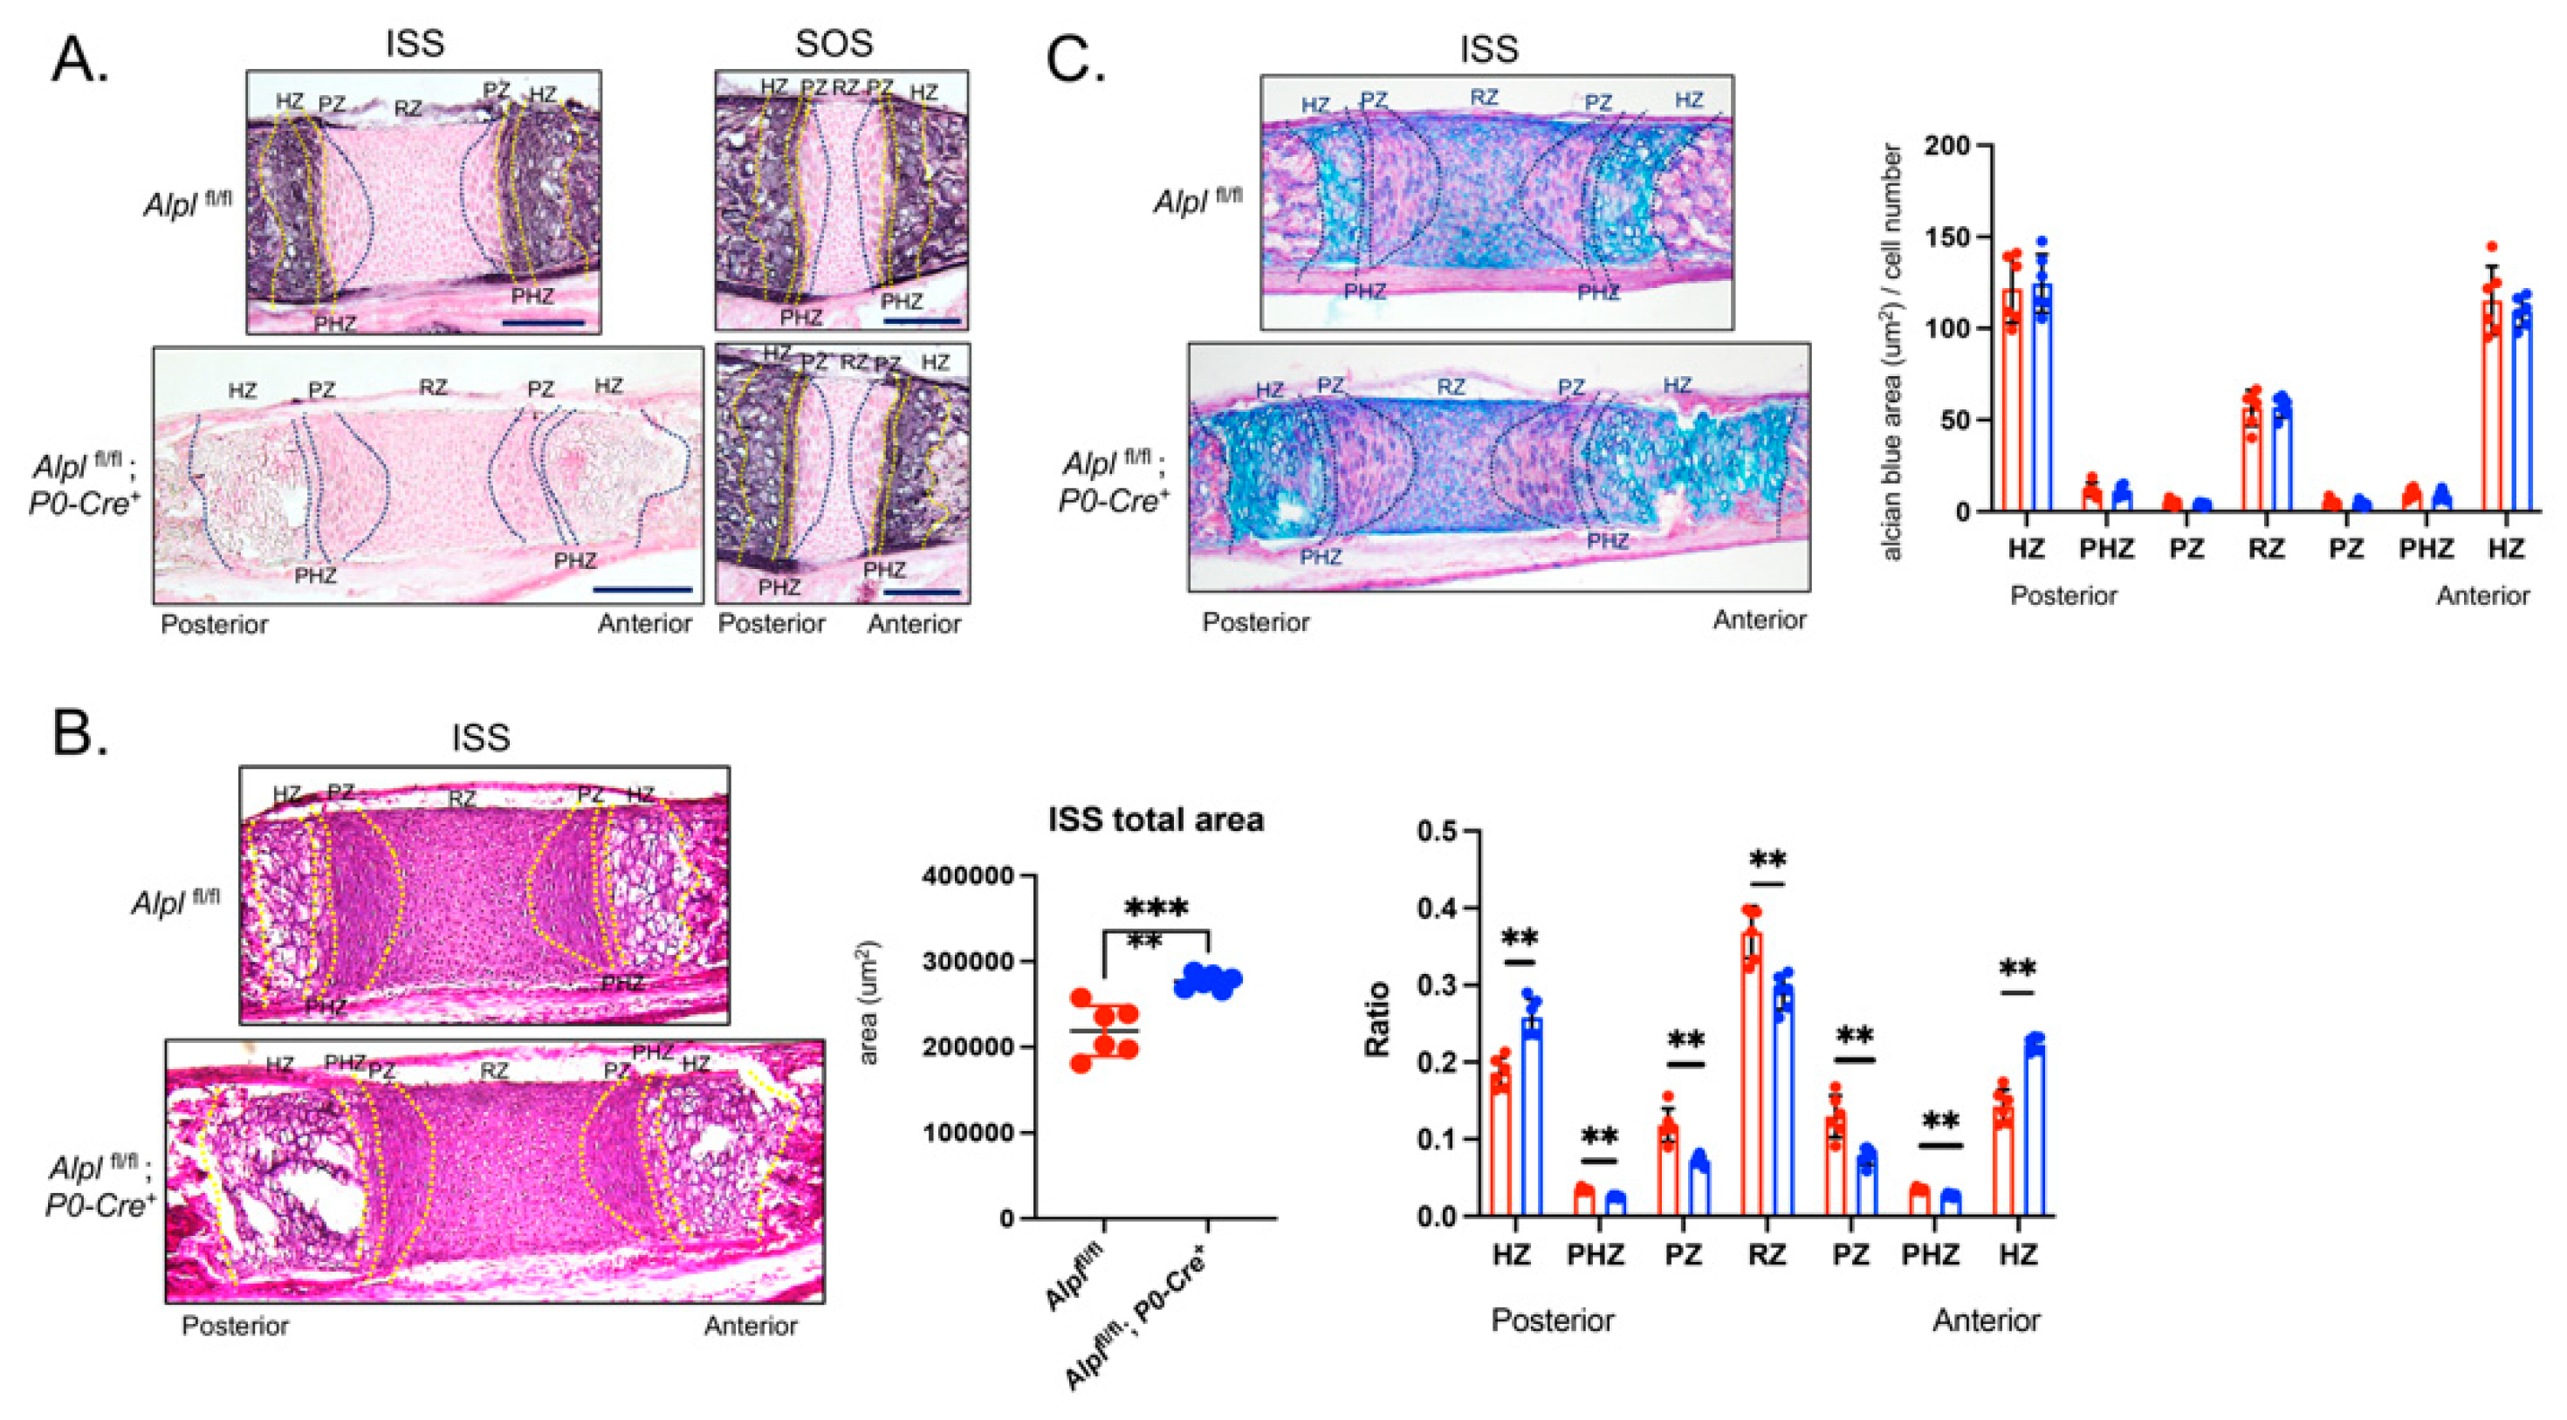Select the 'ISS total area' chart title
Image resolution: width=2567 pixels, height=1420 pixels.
(x=1155, y=820)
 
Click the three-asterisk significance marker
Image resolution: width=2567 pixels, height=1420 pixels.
(x=1156, y=908)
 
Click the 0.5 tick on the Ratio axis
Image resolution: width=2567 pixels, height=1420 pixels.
(x=1436, y=832)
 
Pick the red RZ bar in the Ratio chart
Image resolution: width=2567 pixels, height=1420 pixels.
(x=1752, y=1071)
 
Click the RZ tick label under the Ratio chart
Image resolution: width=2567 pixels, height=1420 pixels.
(x=1766, y=1254)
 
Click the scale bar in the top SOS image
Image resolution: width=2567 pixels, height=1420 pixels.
(x=922, y=322)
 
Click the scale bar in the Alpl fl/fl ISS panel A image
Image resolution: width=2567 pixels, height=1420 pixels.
(x=543, y=323)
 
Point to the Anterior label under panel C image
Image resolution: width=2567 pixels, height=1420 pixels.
(x=1759, y=620)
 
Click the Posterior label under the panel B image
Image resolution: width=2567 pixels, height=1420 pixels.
(x=235, y=1327)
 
